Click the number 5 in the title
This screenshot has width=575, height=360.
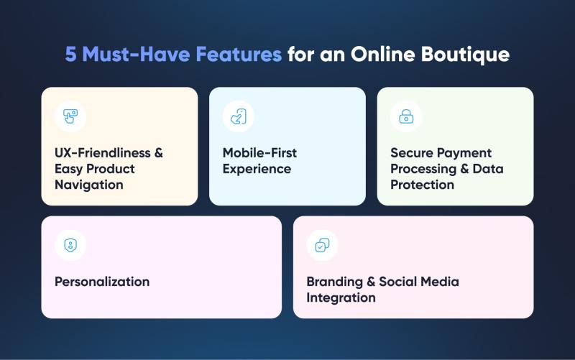[70, 55]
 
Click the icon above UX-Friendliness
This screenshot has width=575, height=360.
[70, 116]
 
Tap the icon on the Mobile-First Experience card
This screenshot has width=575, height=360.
[238, 116]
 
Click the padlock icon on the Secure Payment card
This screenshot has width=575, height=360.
[406, 116]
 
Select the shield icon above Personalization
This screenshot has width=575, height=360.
[70, 245]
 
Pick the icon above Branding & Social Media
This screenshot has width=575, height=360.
[322, 245]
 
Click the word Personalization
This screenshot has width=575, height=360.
[102, 282]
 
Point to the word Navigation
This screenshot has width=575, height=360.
[89, 185]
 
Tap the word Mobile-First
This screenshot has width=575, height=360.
[259, 153]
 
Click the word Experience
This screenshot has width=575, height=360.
[257, 169]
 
